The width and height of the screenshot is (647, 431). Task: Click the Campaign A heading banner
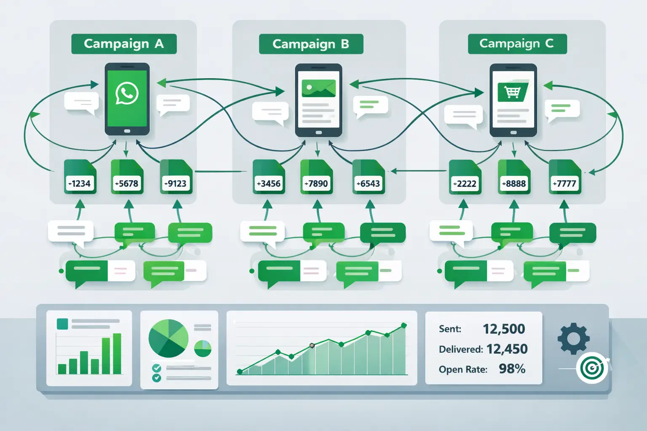click(x=124, y=44)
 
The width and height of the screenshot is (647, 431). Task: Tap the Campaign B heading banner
click(x=311, y=44)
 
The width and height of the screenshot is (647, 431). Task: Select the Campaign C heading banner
click(x=517, y=44)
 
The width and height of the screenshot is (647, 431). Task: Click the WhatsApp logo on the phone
click(x=127, y=93)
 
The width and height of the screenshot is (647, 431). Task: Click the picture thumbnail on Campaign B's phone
click(x=318, y=88)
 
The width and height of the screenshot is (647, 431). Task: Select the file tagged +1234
click(x=80, y=177)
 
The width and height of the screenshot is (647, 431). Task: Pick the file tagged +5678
click(x=127, y=177)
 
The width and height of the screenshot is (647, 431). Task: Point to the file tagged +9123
click(x=176, y=177)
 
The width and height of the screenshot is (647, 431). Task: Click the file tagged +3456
click(x=269, y=177)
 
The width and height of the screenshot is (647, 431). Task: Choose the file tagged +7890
click(x=316, y=177)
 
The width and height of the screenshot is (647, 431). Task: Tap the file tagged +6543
click(x=368, y=177)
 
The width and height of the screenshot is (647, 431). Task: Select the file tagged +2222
click(x=465, y=177)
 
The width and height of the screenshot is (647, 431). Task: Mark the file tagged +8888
click(x=514, y=177)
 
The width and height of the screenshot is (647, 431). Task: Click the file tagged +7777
click(x=564, y=177)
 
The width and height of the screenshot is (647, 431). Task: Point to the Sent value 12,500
click(x=504, y=329)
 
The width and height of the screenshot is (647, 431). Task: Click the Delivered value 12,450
click(x=507, y=349)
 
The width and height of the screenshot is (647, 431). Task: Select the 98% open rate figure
click(x=512, y=369)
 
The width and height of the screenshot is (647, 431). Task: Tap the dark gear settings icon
click(x=573, y=338)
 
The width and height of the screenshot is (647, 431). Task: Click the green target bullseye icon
click(x=592, y=368)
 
